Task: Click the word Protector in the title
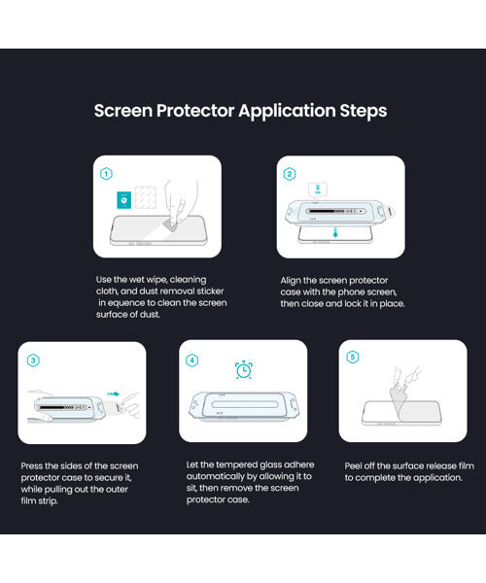(x=195, y=111)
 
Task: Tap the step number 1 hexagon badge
(x=106, y=174)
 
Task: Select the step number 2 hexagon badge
(x=290, y=174)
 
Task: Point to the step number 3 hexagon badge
(x=33, y=360)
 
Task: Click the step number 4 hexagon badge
(x=191, y=360)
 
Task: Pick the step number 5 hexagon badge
(x=353, y=357)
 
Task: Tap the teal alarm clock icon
(x=244, y=369)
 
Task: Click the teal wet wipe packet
(x=123, y=200)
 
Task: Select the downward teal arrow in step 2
(x=335, y=233)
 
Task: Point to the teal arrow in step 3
(x=114, y=394)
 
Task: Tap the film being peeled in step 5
(x=399, y=397)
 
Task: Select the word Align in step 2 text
(x=291, y=281)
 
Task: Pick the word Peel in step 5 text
(x=353, y=465)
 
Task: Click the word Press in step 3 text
(x=32, y=465)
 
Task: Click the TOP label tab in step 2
(x=318, y=189)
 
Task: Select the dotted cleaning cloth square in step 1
(x=146, y=197)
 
